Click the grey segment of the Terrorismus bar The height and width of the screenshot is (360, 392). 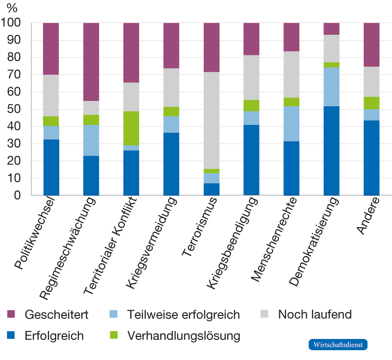tap(211, 120)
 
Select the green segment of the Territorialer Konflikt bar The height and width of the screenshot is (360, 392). tap(131, 128)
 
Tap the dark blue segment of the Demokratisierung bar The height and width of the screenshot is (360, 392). tap(331, 151)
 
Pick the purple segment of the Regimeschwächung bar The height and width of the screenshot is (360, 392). tap(91, 61)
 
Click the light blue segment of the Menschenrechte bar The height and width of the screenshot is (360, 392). tap(291, 123)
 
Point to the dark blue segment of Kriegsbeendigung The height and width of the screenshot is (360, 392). tap(251, 160)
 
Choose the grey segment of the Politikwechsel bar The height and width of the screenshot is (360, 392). tap(50, 96)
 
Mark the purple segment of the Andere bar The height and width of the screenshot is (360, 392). tap(371, 44)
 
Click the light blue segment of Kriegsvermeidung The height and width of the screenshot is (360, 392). tap(171, 124)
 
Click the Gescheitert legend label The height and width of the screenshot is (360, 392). tap(56, 314)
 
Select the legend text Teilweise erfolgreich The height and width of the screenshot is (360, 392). tap(183, 314)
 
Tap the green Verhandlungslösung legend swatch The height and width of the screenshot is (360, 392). tap(113, 336)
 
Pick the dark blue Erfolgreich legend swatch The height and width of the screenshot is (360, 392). tap(11, 336)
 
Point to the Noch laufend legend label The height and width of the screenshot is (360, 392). tap(315, 314)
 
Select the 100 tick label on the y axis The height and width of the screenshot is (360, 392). tap(13, 23)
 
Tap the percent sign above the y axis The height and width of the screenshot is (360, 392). tap(12, 8)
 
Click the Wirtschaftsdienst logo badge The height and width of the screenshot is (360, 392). tap(338, 344)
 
